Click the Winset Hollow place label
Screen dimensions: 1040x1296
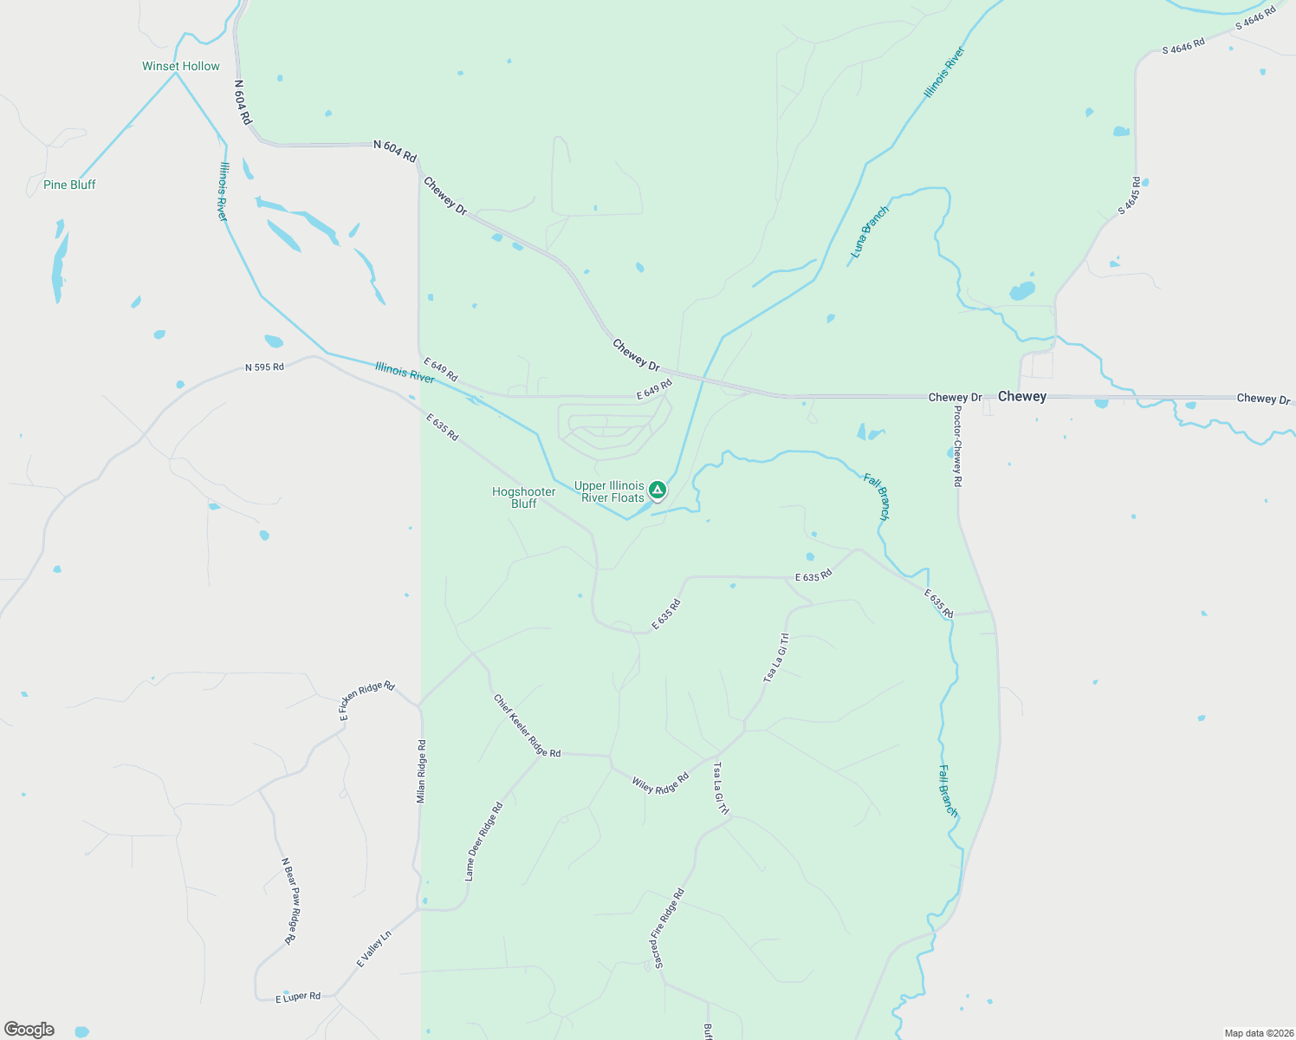pos(181,66)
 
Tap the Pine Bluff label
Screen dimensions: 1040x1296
pos(69,185)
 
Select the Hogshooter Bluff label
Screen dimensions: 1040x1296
pos(523,497)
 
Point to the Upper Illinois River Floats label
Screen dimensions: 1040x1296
pos(609,491)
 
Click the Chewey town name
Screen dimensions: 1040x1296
pos(1022,396)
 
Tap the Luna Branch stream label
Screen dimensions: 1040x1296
pos(870,231)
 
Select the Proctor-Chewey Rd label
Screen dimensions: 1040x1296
pos(957,445)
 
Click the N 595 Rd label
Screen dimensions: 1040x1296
pos(264,367)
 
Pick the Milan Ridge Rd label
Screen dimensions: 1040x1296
pos(421,770)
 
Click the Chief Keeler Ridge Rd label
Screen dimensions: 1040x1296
pos(527,725)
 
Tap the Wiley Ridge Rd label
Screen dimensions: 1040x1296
pos(660,783)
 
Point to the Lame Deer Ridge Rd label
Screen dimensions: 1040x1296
pos(483,842)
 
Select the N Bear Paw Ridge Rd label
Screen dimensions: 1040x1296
pos(290,901)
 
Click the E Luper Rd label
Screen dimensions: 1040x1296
pos(298,998)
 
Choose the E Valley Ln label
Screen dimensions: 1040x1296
pos(374,949)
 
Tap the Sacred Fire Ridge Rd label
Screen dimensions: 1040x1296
pos(668,929)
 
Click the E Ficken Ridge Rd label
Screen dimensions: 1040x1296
pos(366,700)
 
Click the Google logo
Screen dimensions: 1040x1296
pos(29,1030)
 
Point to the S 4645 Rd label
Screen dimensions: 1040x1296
pos(1129,196)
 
